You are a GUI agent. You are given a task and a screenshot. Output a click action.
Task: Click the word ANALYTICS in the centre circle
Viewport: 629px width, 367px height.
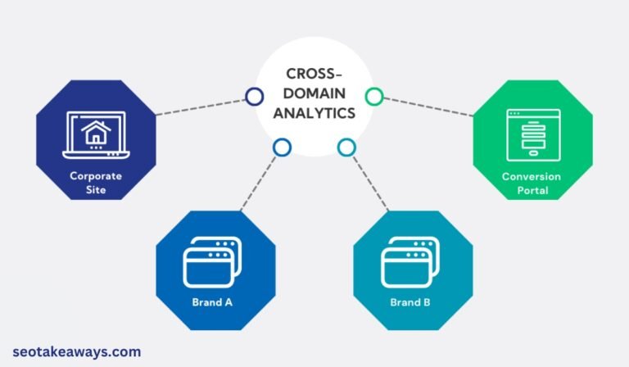tap(314, 113)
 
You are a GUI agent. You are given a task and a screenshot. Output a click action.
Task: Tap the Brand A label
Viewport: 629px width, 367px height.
tap(212, 301)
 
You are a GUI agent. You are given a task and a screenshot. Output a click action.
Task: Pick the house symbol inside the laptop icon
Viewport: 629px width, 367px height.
tap(96, 132)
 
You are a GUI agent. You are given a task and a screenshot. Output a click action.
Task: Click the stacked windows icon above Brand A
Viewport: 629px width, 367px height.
tap(213, 260)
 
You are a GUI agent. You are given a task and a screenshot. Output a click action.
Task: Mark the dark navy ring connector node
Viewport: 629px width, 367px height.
tap(252, 97)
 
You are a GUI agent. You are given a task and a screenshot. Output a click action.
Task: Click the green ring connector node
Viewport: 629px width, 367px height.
tap(373, 97)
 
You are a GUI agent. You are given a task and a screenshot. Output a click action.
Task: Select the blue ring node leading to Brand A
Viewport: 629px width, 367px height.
tap(282, 147)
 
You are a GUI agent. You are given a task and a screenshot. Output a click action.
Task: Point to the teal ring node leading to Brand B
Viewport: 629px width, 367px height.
tap(346, 147)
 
